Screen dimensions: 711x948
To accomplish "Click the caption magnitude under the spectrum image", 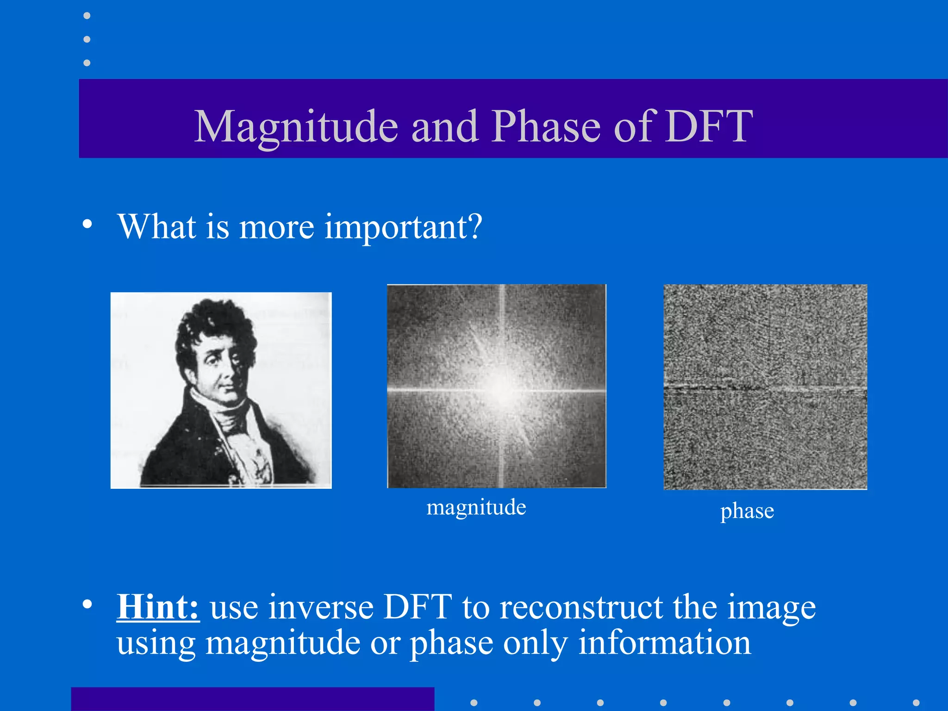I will click(476, 507).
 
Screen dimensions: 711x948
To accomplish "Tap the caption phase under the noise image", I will click(747, 511).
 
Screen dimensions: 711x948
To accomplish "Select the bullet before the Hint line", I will click(87, 604).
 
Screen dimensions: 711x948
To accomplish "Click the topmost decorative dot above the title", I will click(87, 16).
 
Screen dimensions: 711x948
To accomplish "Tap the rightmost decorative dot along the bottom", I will click(916, 703).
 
